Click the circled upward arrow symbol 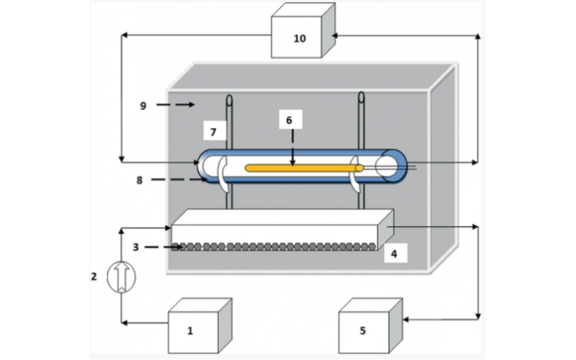121,276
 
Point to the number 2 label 94,276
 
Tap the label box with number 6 289,120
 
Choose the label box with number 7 213,131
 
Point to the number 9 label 143,105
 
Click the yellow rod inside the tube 302,168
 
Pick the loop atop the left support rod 229,100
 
